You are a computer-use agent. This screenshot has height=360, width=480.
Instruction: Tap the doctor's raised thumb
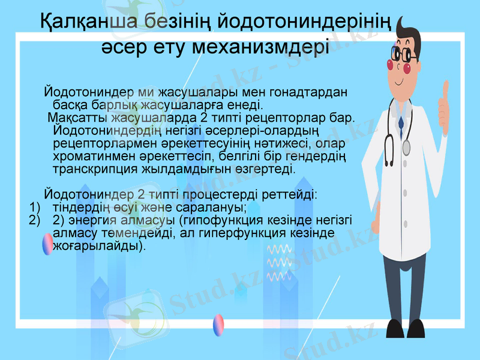(444, 96)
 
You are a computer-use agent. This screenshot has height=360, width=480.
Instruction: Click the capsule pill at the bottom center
(219, 325)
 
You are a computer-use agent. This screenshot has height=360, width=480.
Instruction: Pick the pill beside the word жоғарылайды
(47, 244)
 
